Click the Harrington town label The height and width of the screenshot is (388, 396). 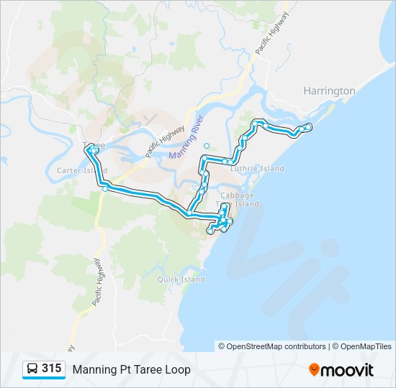click(x=329, y=91)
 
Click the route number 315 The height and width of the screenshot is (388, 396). click(x=51, y=369)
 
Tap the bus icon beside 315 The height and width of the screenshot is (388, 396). click(x=32, y=369)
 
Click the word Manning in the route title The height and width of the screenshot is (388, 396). click(x=94, y=369)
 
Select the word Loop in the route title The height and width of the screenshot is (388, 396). click(x=177, y=369)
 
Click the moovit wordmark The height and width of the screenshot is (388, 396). click(x=348, y=370)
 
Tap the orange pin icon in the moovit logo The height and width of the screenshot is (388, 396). click(x=314, y=370)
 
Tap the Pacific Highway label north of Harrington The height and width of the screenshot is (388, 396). click(x=272, y=33)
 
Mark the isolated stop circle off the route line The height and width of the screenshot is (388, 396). click(x=207, y=145)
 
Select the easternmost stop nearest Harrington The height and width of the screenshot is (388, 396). click(x=309, y=127)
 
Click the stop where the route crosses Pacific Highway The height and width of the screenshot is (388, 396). click(x=106, y=188)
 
